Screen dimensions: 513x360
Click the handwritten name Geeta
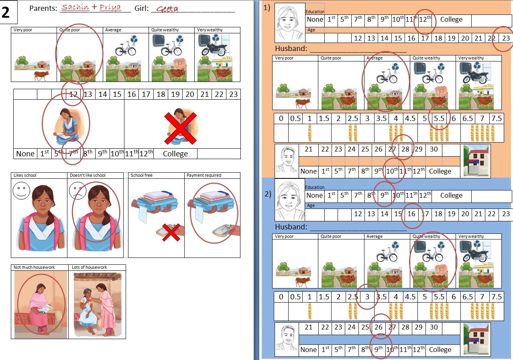coord(167,9)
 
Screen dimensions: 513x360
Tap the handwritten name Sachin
coord(75,7)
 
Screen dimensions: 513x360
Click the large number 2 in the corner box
coord(6,12)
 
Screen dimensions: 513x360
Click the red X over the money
coord(171,233)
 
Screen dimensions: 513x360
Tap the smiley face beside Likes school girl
coord(21,190)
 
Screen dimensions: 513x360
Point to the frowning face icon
coord(77,190)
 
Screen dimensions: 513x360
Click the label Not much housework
coord(34,267)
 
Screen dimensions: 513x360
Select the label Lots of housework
coord(90,267)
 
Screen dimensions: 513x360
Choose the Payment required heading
coord(204,175)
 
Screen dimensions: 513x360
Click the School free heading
coord(142,175)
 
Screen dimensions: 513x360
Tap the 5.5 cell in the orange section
coord(439,118)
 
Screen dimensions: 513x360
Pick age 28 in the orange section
coord(405,149)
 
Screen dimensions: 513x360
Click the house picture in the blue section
coord(476,339)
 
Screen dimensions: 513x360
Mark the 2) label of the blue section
coord(268,194)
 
